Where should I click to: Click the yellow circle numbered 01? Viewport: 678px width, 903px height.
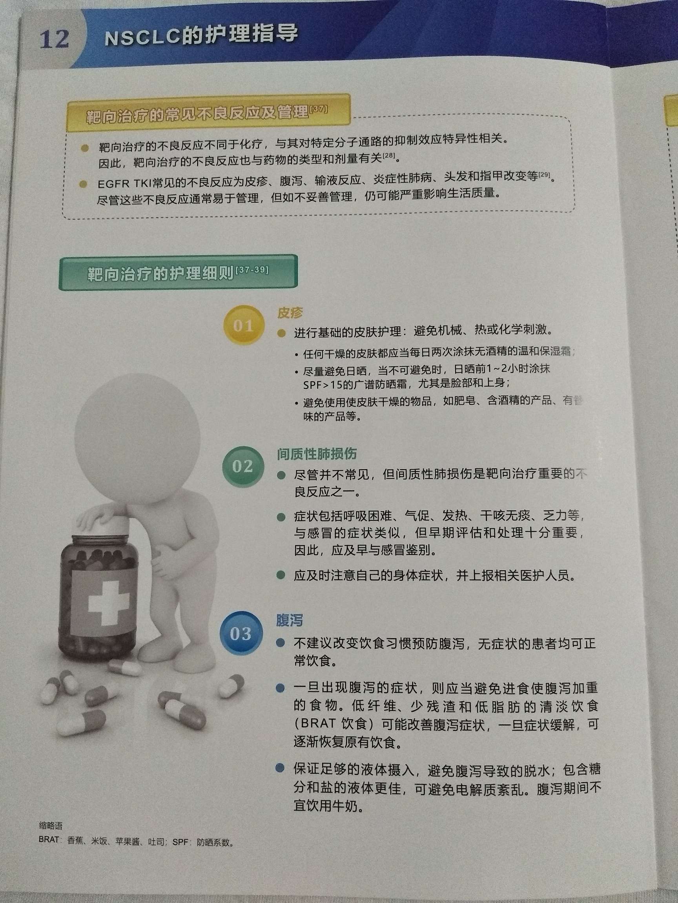tap(243, 325)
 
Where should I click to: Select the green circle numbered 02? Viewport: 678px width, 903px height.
tap(242, 466)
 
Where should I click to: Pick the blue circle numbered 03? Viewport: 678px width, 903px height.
tap(240, 633)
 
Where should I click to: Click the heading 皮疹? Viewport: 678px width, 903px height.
tap(290, 313)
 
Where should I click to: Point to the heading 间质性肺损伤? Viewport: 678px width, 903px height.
tap(317, 453)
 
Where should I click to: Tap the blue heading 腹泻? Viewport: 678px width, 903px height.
tap(289, 620)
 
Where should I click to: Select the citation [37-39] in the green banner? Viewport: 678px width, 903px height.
tap(252, 270)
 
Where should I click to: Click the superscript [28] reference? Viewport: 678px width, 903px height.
tap(388, 156)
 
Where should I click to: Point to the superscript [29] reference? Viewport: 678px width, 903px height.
tap(544, 175)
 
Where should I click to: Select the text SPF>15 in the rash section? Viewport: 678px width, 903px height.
tap(322, 384)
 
